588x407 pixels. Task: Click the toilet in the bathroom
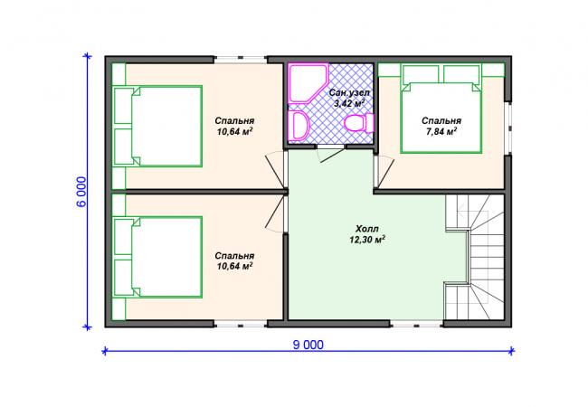[x=359, y=122]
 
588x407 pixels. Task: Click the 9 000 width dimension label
[x=308, y=345]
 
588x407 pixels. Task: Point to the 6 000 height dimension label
[x=81, y=192]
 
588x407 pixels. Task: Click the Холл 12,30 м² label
[x=367, y=234]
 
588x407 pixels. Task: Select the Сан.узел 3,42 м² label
[x=349, y=99]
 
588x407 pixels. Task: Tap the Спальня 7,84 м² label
[x=441, y=126]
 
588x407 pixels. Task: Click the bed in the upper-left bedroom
[x=158, y=127]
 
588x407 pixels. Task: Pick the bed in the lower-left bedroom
[x=158, y=257]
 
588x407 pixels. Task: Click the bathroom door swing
[x=330, y=154]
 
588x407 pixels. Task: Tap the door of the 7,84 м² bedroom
[x=384, y=171]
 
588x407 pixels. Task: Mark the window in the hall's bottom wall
[x=416, y=324]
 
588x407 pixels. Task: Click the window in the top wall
[x=241, y=59]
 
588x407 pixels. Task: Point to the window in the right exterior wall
[x=508, y=128]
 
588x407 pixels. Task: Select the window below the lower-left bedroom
[x=241, y=324]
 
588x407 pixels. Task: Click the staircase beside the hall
[x=475, y=257]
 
